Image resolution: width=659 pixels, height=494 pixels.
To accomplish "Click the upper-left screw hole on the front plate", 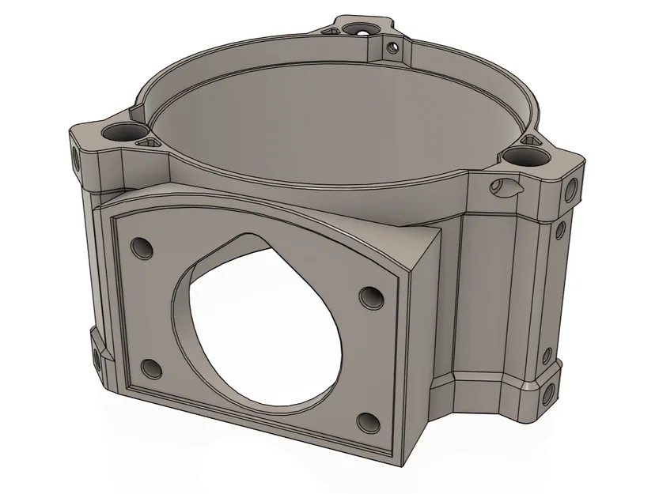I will pyautogui.click(x=142, y=248).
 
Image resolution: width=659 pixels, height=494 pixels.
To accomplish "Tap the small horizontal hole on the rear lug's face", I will pyautogui.click(x=391, y=46).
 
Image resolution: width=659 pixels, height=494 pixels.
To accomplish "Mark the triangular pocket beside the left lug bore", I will pyautogui.click(x=147, y=142).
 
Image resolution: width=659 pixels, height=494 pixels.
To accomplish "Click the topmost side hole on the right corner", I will pyautogui.click(x=571, y=190).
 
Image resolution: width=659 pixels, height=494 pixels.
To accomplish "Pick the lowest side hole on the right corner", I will pyautogui.click(x=547, y=393).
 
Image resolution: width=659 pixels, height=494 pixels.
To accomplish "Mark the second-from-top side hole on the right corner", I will pyautogui.click(x=560, y=230).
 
